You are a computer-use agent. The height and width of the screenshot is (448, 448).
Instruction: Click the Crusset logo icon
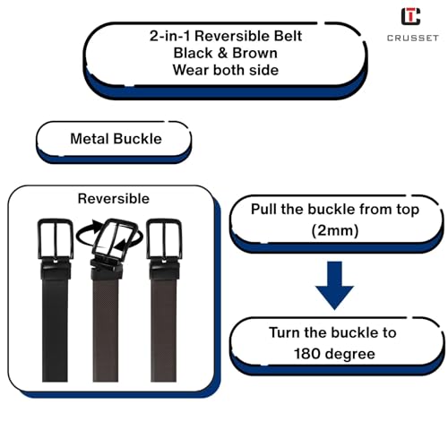tap(410, 16)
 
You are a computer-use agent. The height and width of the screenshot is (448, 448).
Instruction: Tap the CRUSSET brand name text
tap(413, 38)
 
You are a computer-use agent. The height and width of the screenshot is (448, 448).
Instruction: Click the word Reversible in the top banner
tap(232, 36)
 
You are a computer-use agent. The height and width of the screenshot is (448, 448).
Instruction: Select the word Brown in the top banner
tap(254, 53)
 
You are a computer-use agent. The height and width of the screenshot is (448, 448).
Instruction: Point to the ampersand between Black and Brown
tap(222, 53)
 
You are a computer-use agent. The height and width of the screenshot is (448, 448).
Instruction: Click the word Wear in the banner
tap(190, 70)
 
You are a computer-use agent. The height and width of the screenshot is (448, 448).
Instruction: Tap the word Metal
tap(90, 139)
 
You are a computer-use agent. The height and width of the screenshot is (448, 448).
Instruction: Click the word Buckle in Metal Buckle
tap(137, 139)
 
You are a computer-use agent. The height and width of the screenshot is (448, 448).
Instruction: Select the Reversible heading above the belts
tap(114, 199)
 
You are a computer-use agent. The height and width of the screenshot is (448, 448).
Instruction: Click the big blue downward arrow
tap(334, 285)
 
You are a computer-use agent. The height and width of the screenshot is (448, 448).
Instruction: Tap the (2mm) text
tap(335, 231)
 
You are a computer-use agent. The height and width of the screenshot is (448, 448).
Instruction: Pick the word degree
tap(350, 355)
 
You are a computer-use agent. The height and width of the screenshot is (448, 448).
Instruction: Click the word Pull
tap(263, 209)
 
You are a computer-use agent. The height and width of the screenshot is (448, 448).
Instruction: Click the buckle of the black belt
tap(56, 239)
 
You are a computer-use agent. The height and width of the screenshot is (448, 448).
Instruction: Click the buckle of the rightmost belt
tap(164, 239)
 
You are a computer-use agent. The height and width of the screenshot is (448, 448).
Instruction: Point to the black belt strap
tap(55, 329)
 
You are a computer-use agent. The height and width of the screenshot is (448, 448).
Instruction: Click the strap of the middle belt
tap(106, 329)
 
